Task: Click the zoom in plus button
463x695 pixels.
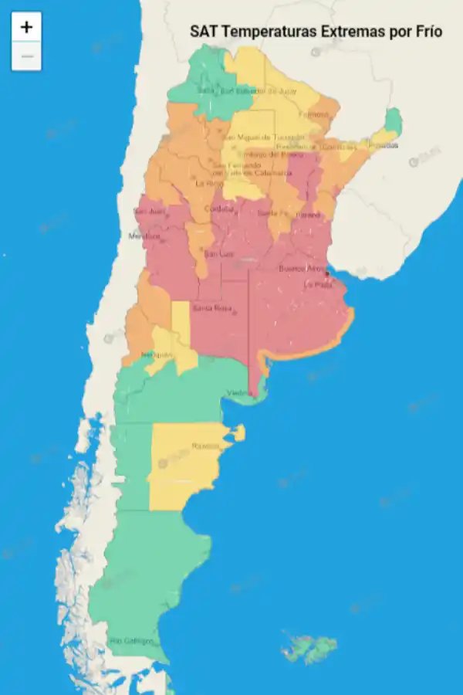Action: coord(26,27)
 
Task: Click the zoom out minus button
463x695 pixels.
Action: coord(26,56)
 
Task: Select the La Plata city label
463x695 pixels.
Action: coord(317,285)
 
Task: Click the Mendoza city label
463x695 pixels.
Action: coord(144,236)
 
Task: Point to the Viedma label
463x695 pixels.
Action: coord(238,394)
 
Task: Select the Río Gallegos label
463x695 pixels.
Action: coord(131,641)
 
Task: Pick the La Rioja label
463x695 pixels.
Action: coord(208,184)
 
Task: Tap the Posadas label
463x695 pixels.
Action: coord(385,145)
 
